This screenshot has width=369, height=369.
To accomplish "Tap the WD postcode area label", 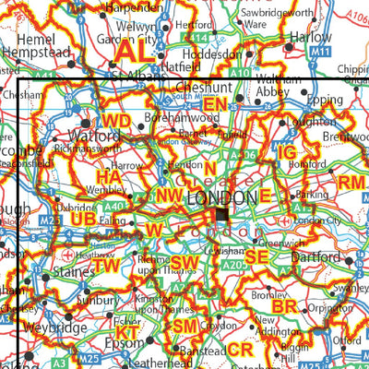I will pyautogui.click(x=116, y=122).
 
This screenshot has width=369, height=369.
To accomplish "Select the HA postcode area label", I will pyautogui.click(x=109, y=175).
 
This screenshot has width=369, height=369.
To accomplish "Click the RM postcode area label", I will pyautogui.click(x=351, y=183).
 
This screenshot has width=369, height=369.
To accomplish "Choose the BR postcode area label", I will pyautogui.click(x=284, y=305).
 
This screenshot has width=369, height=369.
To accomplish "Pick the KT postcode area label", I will pyautogui.click(x=126, y=332).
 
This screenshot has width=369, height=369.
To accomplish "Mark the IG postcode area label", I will pyautogui.click(x=287, y=151).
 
